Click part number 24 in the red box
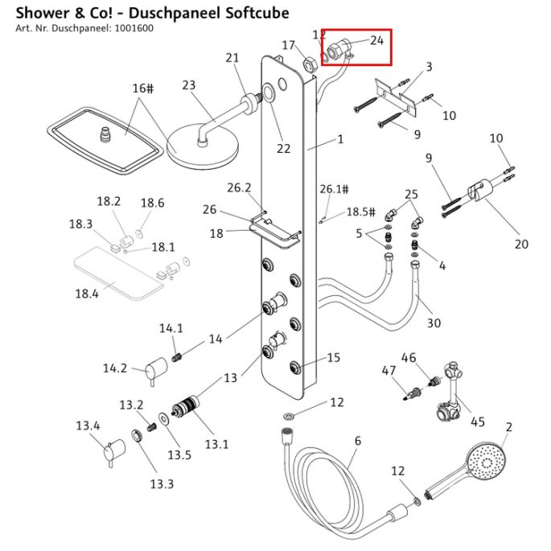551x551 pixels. point(376,39)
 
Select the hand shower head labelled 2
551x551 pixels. point(484,463)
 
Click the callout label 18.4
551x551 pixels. point(87,294)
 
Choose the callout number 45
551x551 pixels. point(478,422)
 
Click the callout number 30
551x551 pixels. point(434,323)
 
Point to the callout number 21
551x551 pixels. point(233,57)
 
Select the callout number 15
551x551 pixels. point(333,358)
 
